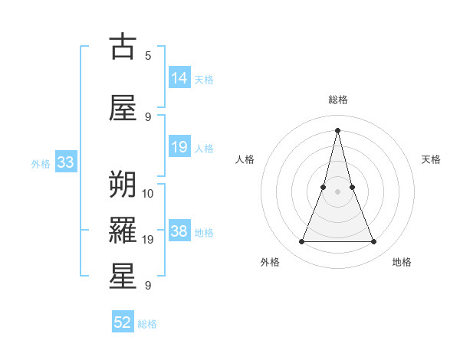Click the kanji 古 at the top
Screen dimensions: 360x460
(123, 47)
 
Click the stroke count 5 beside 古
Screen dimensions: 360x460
(148, 56)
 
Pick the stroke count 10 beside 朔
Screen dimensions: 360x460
(148, 192)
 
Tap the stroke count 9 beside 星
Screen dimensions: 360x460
(148, 286)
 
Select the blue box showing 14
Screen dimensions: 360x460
(179, 78)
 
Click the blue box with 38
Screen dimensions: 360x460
(179, 231)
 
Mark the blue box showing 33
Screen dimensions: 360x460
(65, 162)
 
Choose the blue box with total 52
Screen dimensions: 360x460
(123, 322)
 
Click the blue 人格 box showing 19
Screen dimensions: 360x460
(179, 147)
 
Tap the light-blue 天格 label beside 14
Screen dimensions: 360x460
(204, 79)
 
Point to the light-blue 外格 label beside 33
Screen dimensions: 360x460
(41, 163)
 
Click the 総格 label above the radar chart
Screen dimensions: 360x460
(337, 100)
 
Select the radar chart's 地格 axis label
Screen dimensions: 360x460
(402, 262)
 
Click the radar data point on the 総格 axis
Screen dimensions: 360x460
(337, 130)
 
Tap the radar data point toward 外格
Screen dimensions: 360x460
(301, 242)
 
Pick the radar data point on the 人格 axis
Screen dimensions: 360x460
(323, 187)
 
